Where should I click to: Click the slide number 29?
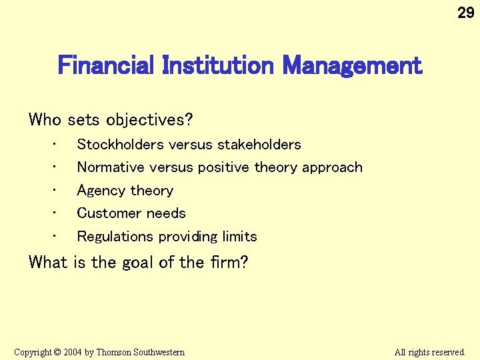(x=465, y=13)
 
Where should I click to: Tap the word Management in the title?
(x=352, y=66)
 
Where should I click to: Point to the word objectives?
(x=149, y=120)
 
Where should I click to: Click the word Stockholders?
(x=121, y=145)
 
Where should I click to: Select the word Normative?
(x=111, y=167)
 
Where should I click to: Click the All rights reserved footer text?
(x=430, y=352)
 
